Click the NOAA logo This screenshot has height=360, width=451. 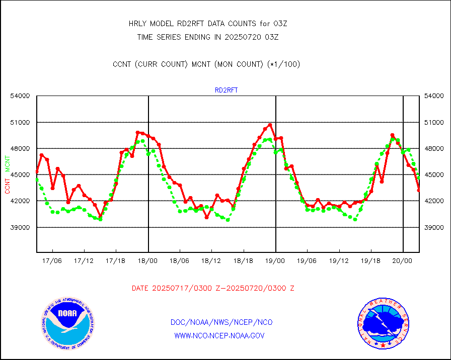(x=68, y=323)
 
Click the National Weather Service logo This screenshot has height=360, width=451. (x=382, y=323)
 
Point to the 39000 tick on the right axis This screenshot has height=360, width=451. (x=433, y=227)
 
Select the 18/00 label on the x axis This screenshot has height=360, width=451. (x=148, y=261)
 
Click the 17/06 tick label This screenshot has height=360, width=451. (x=53, y=261)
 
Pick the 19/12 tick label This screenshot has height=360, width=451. (x=339, y=261)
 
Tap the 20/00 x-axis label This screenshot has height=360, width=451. (x=403, y=261)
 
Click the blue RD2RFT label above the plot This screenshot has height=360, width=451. (x=226, y=91)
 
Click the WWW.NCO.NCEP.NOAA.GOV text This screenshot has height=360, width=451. (x=219, y=335)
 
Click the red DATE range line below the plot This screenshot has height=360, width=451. (x=213, y=288)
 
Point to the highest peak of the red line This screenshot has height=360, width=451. (x=270, y=125)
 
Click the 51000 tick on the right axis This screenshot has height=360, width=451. (x=433, y=122)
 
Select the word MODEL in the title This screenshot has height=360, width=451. (x=170, y=24)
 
